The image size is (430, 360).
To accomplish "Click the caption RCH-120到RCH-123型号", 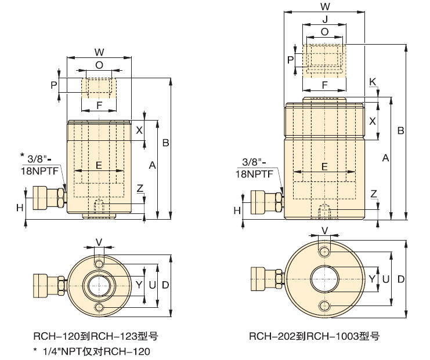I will pyautogui.click(x=96, y=336).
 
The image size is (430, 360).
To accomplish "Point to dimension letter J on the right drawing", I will pyautogui.click(x=324, y=19).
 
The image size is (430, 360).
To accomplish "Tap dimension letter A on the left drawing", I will pyautogui.click(x=152, y=166).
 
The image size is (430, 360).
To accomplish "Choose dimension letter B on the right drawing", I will pyautogui.click(x=400, y=131).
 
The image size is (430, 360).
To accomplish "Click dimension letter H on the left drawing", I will pyautogui.click(x=20, y=207).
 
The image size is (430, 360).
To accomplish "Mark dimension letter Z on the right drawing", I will pyautogui.click(x=374, y=194).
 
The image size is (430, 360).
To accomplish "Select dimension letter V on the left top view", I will pyautogui.click(x=99, y=241).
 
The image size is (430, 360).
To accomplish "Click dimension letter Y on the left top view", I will pyautogui.click(x=139, y=284).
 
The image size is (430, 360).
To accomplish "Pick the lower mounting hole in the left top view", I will pyautogui.click(x=100, y=307).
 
